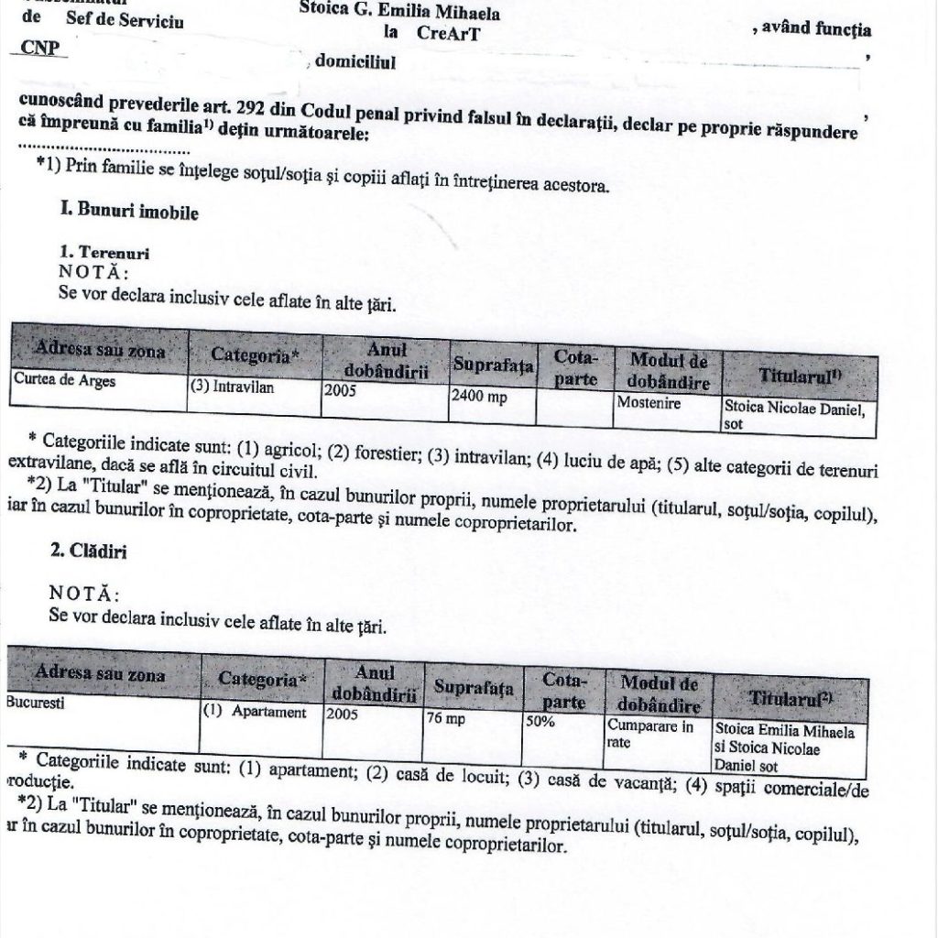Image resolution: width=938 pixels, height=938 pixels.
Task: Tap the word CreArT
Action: (x=448, y=34)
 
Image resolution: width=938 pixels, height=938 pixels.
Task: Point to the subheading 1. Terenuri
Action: (x=104, y=252)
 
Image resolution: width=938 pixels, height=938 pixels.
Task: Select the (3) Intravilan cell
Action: (x=231, y=387)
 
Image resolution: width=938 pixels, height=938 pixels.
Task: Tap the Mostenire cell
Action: (x=649, y=403)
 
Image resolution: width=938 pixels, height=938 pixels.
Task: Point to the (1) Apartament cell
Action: (x=253, y=713)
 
